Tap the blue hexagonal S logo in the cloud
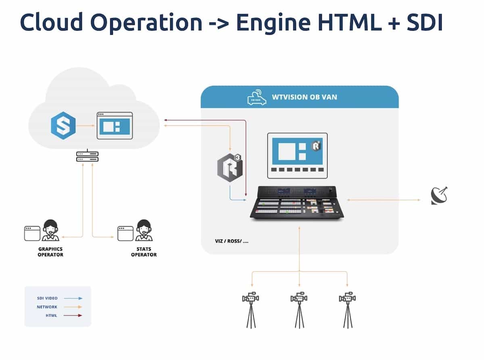(x=63, y=127)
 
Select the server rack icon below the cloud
(x=88, y=156)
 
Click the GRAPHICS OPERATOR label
(x=50, y=252)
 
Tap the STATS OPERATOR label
(x=144, y=252)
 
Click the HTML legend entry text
(x=52, y=316)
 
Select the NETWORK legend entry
(x=48, y=307)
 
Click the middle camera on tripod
(x=299, y=309)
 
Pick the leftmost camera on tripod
(x=251, y=309)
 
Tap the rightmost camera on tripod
(x=347, y=309)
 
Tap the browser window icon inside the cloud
(x=115, y=125)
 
